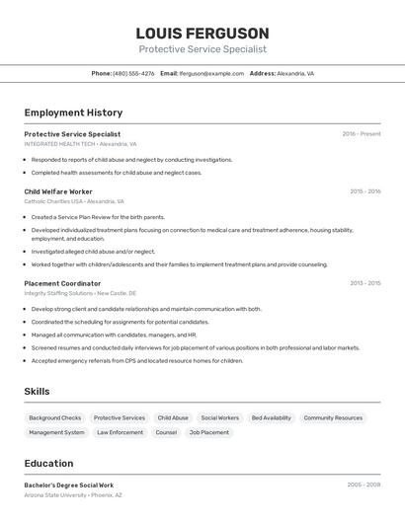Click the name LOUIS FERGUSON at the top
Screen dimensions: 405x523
(202, 33)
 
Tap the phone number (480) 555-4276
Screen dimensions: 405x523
(133, 73)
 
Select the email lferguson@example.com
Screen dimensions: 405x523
(211, 73)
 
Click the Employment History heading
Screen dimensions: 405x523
(73, 112)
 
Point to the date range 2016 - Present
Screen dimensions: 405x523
(361, 134)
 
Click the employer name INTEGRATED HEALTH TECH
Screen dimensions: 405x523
(59, 144)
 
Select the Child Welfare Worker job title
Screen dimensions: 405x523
(58, 191)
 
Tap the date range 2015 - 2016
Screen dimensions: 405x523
(364, 191)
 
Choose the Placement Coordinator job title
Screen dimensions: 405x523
(62, 283)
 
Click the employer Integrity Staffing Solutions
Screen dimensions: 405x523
(58, 293)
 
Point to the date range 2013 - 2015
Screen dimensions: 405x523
(364, 283)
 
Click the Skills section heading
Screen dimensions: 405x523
(37, 392)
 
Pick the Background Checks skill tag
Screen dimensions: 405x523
(55, 417)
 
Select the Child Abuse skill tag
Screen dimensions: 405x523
(173, 417)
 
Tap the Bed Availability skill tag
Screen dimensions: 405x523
(272, 417)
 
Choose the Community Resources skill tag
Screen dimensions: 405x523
(333, 417)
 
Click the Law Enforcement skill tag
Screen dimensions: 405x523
(120, 432)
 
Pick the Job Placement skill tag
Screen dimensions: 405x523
(208, 432)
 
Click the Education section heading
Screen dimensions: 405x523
(49, 462)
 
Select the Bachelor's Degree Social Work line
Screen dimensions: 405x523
(69, 486)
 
